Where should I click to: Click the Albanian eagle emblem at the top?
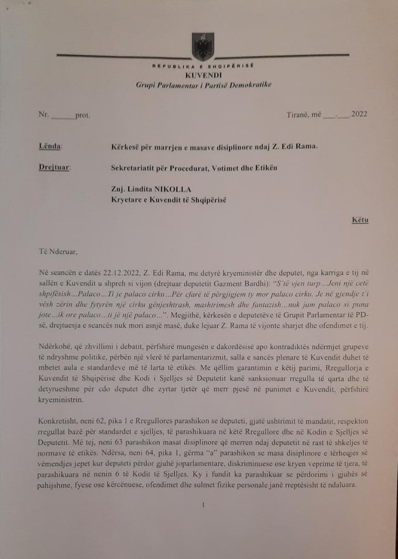[x=203, y=47]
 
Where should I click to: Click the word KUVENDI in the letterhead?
[x=203, y=74]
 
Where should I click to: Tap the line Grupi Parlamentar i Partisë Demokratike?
[x=203, y=84]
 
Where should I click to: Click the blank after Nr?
[x=62, y=116]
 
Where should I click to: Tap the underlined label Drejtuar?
[x=53, y=167]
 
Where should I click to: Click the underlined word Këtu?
[x=359, y=220]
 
